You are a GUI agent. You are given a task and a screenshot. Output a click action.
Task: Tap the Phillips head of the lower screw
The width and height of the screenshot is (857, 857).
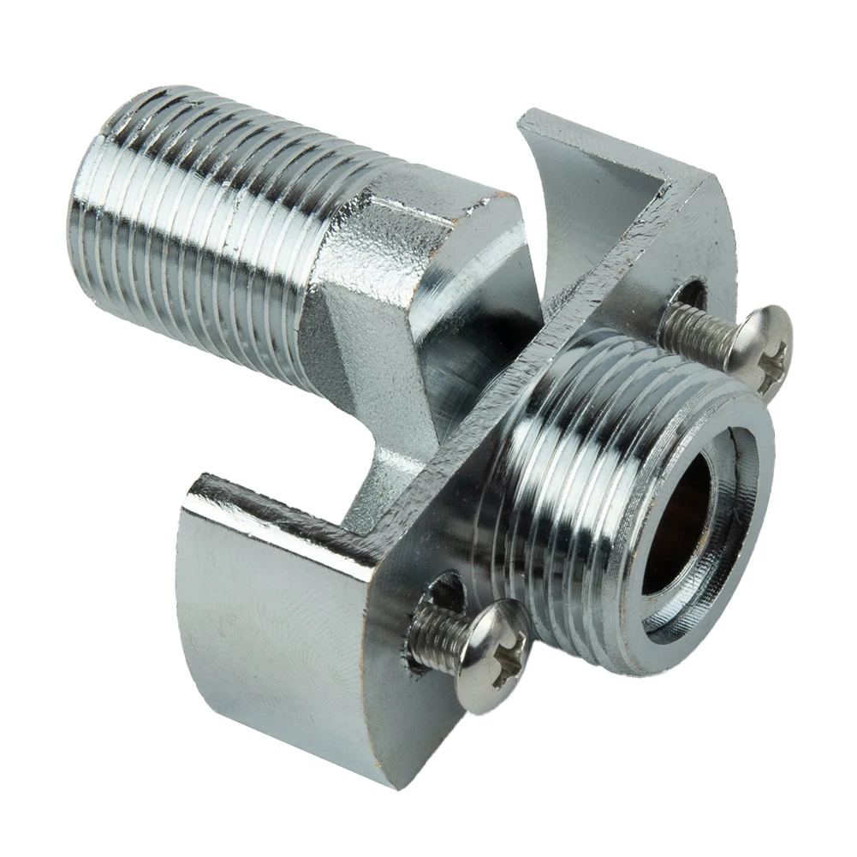pos(491,655)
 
